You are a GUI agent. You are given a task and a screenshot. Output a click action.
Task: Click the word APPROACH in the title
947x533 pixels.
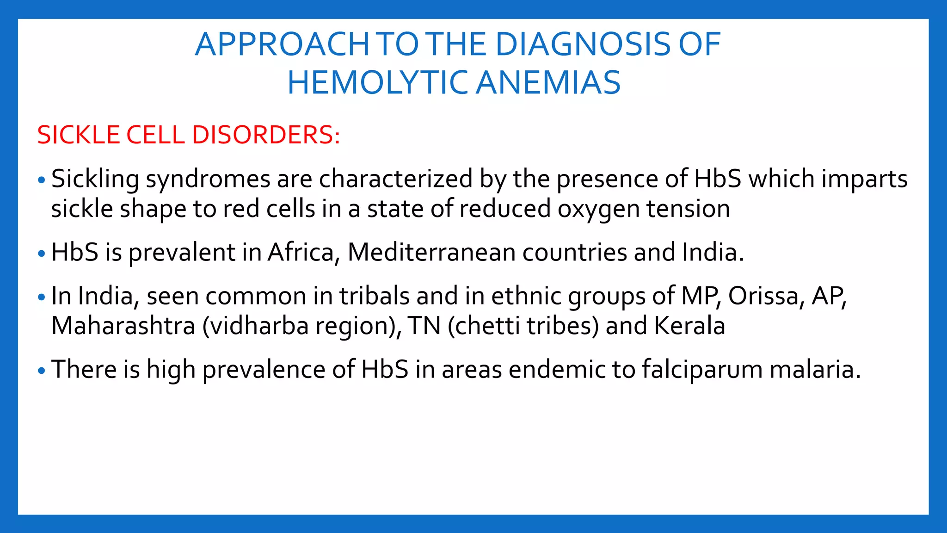[x=282, y=45]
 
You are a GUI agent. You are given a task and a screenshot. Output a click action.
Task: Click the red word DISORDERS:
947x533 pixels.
[x=266, y=135]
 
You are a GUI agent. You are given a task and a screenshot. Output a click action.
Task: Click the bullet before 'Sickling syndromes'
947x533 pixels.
[x=42, y=180]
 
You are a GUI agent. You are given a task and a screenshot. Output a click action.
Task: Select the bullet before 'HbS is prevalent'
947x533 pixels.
[x=42, y=254]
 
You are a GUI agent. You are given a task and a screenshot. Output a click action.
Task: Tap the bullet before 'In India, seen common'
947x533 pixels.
[x=42, y=297]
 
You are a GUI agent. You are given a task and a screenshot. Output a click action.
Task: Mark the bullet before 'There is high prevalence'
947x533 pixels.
[x=42, y=371]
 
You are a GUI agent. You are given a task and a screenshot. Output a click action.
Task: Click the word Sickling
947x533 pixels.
[x=95, y=179]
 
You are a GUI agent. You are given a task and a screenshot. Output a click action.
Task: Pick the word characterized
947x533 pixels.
[x=396, y=179]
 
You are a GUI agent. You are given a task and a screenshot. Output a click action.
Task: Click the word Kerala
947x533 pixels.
[x=689, y=326]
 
